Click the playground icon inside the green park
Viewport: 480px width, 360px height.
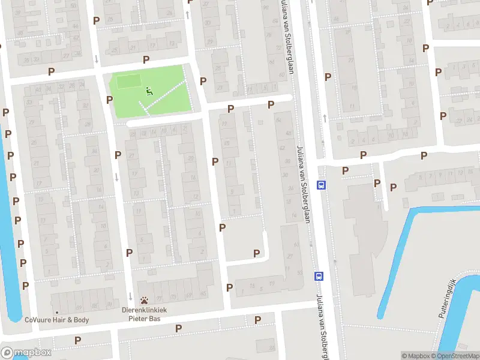point(149,91)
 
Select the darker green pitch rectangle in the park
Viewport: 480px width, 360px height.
point(126,81)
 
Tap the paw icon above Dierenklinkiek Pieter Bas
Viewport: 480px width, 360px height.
point(145,300)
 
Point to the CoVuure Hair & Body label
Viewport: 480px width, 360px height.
point(57,320)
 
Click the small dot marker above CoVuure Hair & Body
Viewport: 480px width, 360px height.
point(57,313)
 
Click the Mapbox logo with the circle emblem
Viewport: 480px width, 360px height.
point(26,353)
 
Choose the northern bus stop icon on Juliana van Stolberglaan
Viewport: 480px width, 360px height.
point(322,185)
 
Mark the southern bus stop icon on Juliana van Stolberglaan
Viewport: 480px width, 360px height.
point(319,276)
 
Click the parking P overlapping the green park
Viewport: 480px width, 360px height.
point(110,100)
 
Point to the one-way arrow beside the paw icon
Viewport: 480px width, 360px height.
point(131,296)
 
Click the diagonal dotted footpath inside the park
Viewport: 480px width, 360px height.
point(165,95)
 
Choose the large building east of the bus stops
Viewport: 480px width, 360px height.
point(360,240)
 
